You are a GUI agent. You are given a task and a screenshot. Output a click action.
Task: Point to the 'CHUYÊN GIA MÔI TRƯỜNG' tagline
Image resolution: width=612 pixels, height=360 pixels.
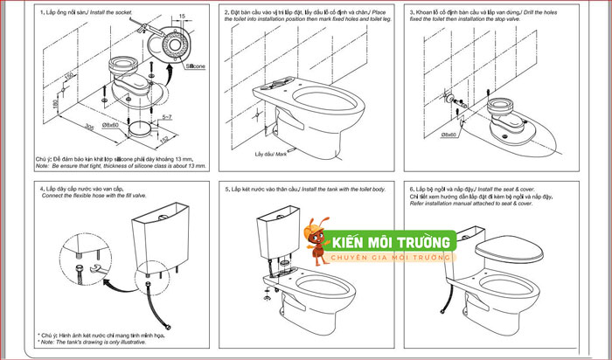pyautogui.click(x=388, y=258)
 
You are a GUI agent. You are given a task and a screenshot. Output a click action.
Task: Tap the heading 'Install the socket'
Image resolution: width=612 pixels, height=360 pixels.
pyautogui.click(x=112, y=12)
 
